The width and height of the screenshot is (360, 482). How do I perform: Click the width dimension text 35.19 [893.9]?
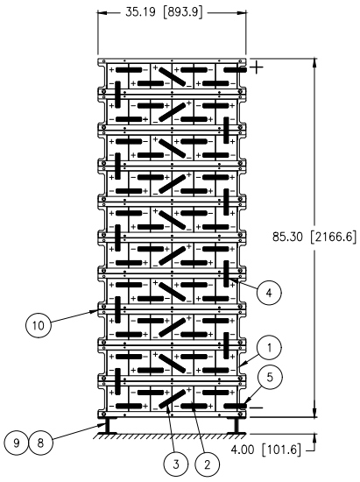[x=165, y=12]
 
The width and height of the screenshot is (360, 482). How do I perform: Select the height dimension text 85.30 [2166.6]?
[x=314, y=237]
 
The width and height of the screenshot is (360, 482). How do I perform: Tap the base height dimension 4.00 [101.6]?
[x=265, y=450]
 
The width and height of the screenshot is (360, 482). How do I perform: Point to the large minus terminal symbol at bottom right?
[x=256, y=408]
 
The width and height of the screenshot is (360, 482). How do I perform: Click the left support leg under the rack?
[x=107, y=426]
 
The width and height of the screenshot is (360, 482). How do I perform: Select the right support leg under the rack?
[x=236, y=426]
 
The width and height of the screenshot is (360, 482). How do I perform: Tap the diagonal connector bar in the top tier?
[x=172, y=76]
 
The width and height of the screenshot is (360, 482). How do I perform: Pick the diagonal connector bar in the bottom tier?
[x=173, y=399]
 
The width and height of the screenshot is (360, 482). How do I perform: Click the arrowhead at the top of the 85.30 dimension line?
[x=314, y=62]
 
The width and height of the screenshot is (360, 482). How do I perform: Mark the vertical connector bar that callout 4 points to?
[x=226, y=273]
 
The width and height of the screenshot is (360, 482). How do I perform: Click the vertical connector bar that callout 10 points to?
[x=117, y=309]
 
